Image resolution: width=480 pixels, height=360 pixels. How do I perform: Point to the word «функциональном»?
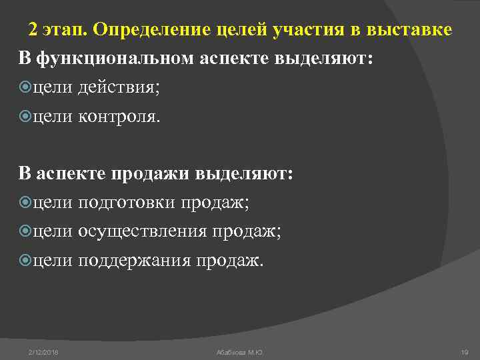point(118,58)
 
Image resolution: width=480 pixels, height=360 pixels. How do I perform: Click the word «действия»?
point(119,88)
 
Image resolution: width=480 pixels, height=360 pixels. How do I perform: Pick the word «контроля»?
point(119,117)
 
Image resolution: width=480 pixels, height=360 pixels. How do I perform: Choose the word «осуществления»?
point(143,231)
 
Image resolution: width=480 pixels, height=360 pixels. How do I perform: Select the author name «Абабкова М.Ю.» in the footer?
point(240,351)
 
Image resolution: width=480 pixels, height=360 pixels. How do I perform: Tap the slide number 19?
point(464,351)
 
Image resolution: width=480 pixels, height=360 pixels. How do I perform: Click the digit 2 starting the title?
point(33,30)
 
